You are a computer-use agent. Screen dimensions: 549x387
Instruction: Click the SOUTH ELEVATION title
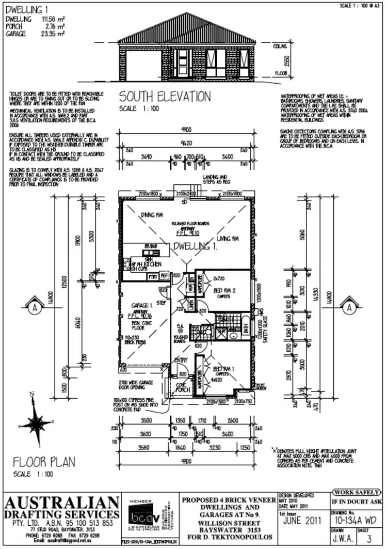(165, 97)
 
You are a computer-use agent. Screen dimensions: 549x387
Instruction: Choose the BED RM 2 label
(224, 291)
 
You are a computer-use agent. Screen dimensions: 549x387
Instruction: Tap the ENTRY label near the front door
(181, 360)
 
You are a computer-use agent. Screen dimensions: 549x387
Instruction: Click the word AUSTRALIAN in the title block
(62, 502)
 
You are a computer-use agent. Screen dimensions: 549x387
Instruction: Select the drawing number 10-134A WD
(356, 521)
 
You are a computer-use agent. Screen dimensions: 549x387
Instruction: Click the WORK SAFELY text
(358, 492)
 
